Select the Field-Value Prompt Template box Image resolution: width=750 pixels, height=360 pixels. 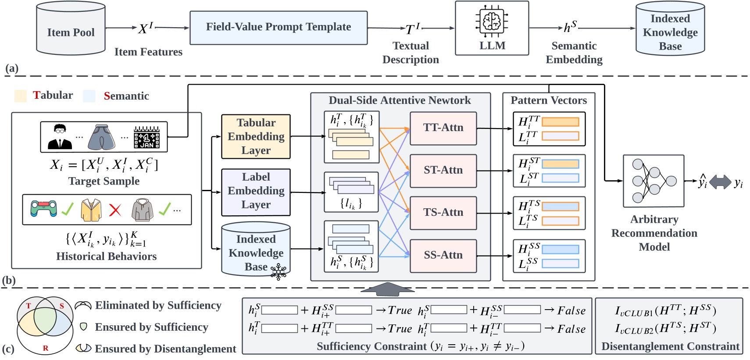279,28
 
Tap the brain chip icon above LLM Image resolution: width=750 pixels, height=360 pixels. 492,21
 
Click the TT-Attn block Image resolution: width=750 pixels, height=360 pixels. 443,128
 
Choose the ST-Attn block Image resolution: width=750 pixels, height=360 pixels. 443,171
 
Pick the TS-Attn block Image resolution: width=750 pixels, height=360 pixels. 443,213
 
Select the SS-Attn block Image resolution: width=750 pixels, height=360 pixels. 443,255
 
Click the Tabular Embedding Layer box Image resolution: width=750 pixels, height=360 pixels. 256,136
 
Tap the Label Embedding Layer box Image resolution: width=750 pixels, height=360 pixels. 256,191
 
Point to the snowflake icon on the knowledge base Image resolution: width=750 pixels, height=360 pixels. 279,272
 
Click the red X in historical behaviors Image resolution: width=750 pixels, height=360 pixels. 115,210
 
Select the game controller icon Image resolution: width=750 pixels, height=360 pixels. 44,209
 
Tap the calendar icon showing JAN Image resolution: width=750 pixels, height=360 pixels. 146,137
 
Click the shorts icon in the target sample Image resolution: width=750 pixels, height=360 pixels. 101,137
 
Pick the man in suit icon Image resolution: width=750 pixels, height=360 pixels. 60,137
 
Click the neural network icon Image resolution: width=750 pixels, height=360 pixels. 653,181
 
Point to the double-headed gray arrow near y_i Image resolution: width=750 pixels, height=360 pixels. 720,182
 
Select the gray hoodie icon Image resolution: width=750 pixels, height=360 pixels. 142,210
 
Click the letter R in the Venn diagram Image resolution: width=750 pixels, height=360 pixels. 46,348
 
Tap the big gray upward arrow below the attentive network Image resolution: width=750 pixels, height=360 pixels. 387,289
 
